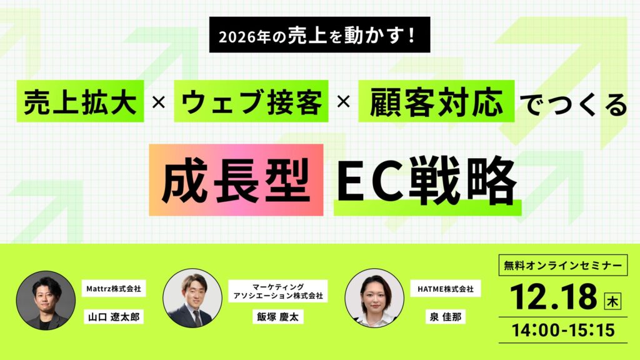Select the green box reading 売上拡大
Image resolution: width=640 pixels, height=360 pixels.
[81, 102]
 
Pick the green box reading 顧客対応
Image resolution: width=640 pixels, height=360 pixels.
[436, 102]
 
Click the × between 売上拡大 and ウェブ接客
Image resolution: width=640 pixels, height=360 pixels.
[159, 102]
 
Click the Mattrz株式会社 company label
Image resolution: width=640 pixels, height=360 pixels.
[113, 289]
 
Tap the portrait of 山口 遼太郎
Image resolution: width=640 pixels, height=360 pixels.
[42, 300]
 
